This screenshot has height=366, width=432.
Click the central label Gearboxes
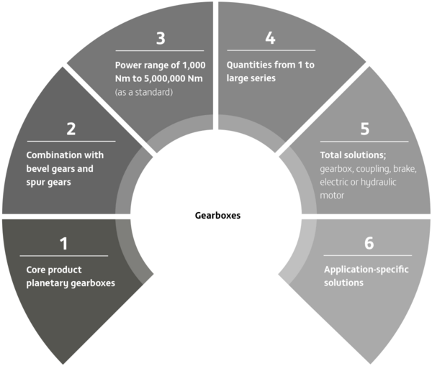click(217, 216)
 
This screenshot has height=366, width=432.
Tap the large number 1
click(64, 244)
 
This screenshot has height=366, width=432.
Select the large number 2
click(71, 129)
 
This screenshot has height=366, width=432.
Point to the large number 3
click(161, 38)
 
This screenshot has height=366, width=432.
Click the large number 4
click(270, 37)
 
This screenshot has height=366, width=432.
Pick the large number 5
click(365, 129)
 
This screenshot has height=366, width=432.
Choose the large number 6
click(369, 243)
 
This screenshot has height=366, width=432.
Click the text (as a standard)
click(144, 92)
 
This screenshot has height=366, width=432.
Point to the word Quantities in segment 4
click(246, 65)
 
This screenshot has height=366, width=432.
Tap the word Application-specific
click(366, 270)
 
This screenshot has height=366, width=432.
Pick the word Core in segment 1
click(36, 270)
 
